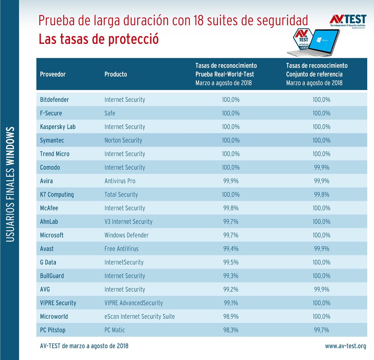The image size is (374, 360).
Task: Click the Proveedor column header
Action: (53, 74)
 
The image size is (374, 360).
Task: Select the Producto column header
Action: (116, 74)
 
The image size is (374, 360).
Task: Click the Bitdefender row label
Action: (54, 100)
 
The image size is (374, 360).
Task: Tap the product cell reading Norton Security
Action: (123, 140)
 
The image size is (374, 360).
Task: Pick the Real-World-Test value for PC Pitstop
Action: (231, 330)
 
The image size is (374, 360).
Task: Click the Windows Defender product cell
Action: (126, 235)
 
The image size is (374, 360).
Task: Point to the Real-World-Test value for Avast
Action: (231, 249)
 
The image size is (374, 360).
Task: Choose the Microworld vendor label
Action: (54, 316)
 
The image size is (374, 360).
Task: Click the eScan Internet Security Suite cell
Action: (140, 316)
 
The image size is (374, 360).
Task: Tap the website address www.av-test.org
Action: (346, 346)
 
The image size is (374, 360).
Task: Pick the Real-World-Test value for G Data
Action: (231, 262)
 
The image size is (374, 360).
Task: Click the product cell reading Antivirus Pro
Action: (120, 181)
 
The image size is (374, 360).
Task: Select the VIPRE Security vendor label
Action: (58, 303)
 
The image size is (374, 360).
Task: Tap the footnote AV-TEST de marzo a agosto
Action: (84, 346)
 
